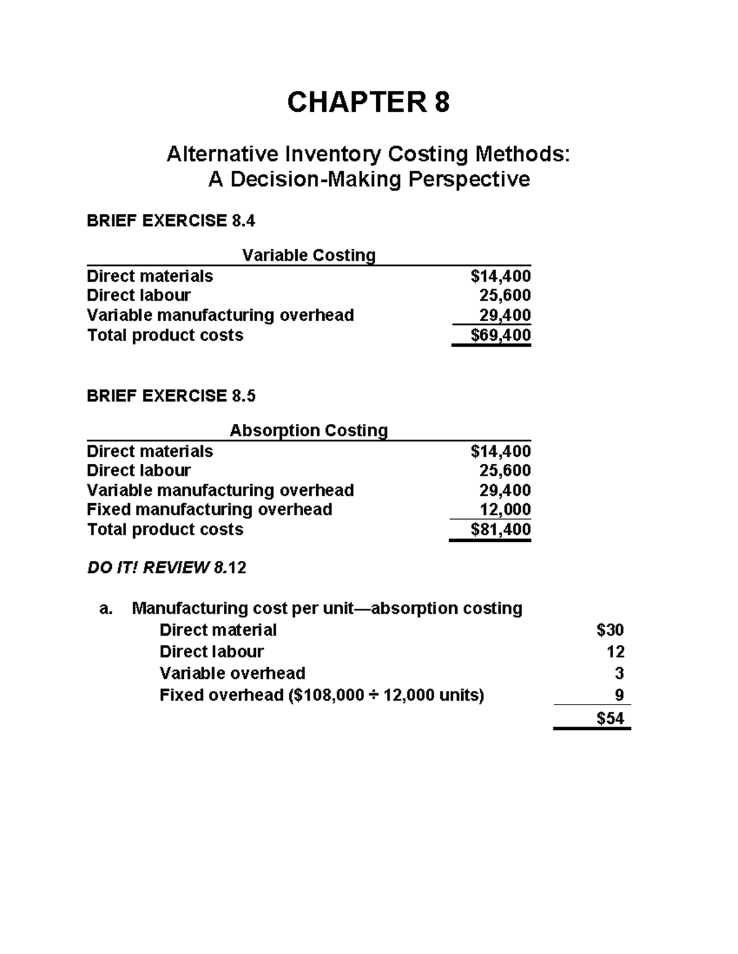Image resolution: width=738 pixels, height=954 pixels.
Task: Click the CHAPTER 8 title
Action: point(368,102)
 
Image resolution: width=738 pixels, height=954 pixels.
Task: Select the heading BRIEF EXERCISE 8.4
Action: point(170,221)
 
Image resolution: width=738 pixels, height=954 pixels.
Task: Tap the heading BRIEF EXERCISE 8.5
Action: point(170,396)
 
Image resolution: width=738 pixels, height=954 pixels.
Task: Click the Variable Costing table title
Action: point(309,255)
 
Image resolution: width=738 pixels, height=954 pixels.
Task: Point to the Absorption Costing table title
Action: point(309,430)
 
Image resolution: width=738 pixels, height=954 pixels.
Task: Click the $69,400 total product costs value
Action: point(500,335)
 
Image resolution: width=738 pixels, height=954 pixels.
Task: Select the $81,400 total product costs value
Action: point(500,530)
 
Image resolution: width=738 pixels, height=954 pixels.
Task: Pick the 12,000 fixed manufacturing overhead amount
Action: point(505,510)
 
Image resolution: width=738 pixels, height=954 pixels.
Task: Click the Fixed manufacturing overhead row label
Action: point(209,510)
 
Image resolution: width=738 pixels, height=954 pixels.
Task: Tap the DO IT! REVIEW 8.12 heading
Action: point(166,568)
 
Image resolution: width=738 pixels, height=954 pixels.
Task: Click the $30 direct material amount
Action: point(610,630)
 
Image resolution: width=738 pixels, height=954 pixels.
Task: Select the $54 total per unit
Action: point(610,718)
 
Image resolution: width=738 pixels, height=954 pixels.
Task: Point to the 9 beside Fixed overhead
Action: point(619,695)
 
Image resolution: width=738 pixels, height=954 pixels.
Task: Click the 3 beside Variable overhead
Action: point(619,673)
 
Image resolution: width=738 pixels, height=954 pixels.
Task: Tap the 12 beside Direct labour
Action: point(616,652)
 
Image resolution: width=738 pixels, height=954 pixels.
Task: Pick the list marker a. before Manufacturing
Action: point(106,609)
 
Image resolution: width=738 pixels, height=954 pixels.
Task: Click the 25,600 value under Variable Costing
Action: point(505,295)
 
